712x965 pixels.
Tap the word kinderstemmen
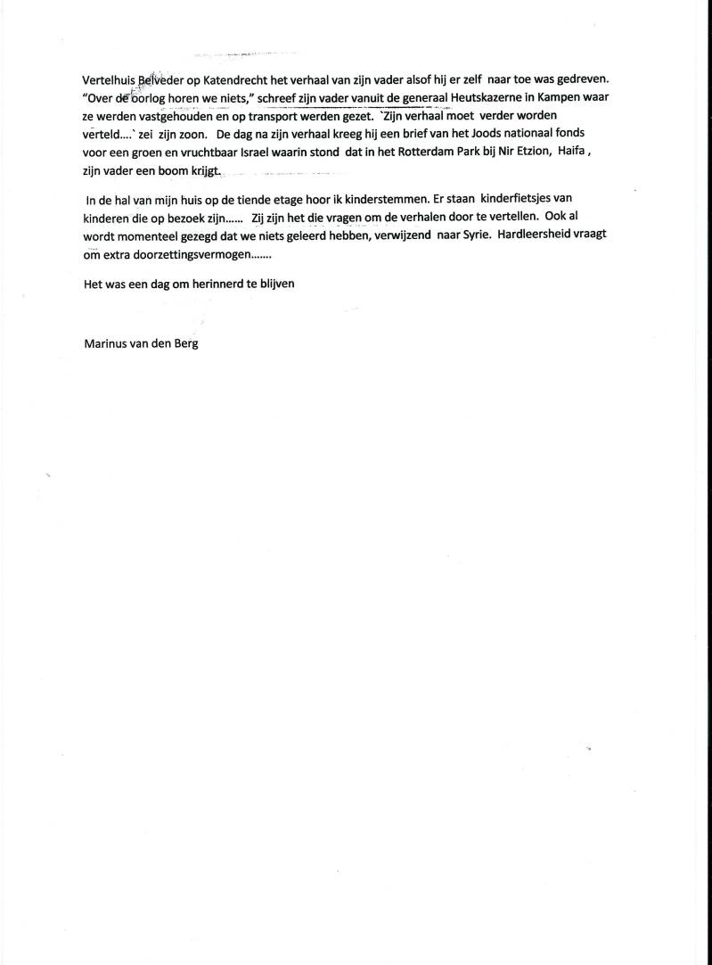pos(357,201)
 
